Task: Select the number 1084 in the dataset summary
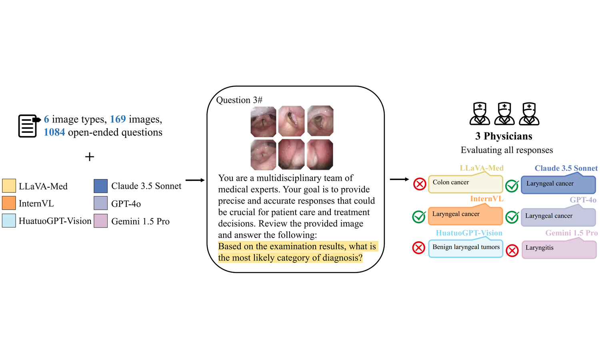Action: click(x=54, y=132)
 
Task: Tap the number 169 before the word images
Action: click(x=118, y=119)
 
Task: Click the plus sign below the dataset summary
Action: click(x=90, y=157)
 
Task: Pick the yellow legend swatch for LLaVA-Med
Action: click(x=9, y=186)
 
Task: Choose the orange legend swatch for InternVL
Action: click(x=9, y=203)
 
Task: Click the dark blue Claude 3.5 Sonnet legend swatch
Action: click(x=101, y=186)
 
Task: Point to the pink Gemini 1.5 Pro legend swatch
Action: click(x=101, y=221)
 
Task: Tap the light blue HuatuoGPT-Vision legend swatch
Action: click(x=9, y=221)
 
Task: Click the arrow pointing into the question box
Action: click(x=195, y=180)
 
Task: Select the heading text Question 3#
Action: click(x=239, y=100)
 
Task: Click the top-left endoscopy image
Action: click(x=263, y=121)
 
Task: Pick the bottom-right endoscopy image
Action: click(x=320, y=154)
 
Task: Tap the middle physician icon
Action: click(x=504, y=114)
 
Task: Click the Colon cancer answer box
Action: click(x=465, y=184)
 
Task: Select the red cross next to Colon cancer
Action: click(x=420, y=184)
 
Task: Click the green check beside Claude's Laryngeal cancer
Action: click(x=512, y=186)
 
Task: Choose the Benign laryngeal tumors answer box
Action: click(x=466, y=248)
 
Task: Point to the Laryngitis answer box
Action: click(x=559, y=249)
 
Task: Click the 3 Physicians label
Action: click(x=504, y=136)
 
